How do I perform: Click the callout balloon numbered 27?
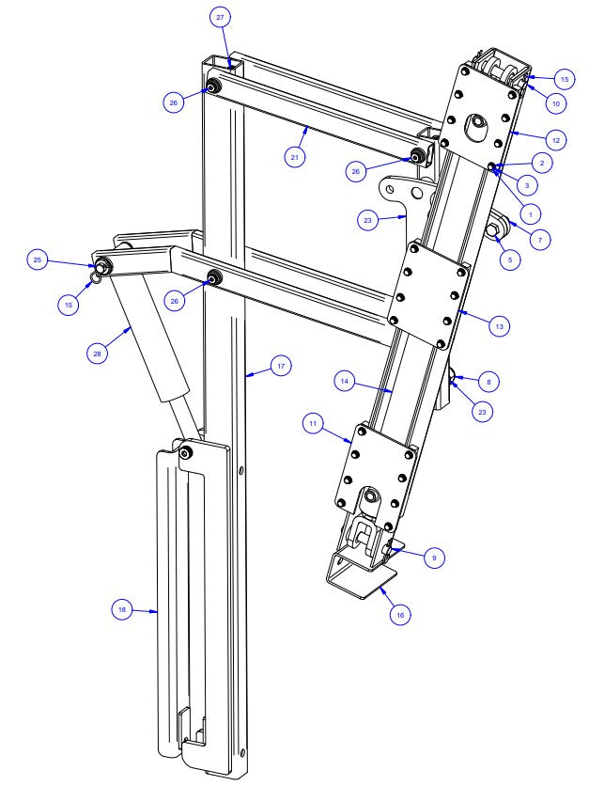tap(221, 19)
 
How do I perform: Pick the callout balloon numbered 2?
tap(545, 163)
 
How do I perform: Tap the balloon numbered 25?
tap(37, 259)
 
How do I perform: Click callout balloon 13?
tap(500, 326)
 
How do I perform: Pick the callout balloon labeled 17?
tap(279, 367)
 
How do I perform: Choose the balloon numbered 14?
tap(346, 380)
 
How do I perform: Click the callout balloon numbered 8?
tap(488, 382)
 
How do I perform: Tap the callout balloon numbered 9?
tap(433, 558)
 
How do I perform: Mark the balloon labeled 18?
tap(121, 609)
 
